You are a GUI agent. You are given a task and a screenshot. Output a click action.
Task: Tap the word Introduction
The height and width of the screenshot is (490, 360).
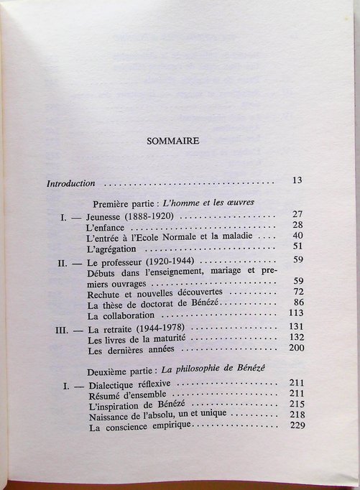pos(71,183)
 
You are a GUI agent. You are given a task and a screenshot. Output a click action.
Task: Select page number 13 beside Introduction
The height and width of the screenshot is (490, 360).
pos(297,180)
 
